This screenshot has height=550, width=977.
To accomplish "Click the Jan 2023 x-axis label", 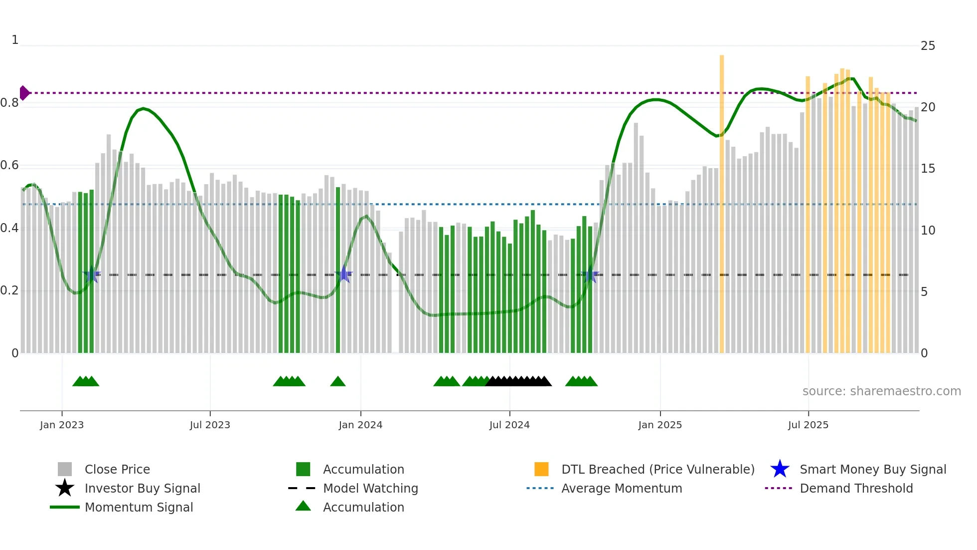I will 62,425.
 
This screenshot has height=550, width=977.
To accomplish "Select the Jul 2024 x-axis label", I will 509,425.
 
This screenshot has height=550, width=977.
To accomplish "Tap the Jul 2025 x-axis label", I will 808,425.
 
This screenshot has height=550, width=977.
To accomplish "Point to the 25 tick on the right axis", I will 928,46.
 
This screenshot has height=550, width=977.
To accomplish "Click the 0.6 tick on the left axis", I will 9,165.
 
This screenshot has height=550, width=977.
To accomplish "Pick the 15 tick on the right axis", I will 928,169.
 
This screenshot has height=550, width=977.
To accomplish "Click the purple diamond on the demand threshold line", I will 24,93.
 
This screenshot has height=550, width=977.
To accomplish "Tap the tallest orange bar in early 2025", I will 722,200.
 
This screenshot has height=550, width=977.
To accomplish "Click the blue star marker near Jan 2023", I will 92,275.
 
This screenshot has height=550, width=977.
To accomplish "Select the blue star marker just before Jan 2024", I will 343,275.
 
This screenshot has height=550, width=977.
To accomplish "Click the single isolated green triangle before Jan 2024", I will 338,382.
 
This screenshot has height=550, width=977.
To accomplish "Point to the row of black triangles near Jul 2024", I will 518,382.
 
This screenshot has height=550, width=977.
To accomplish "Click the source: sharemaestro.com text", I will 881,391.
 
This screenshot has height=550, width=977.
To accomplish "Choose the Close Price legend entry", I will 117,469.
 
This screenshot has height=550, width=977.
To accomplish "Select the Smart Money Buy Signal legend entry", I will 872,469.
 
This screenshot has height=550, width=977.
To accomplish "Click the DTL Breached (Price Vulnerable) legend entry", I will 657,469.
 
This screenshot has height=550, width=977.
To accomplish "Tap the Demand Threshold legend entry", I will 856,488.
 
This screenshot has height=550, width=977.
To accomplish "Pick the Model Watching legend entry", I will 370,488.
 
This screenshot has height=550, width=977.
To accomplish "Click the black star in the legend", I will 65,488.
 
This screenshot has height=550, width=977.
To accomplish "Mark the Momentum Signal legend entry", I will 139,507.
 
